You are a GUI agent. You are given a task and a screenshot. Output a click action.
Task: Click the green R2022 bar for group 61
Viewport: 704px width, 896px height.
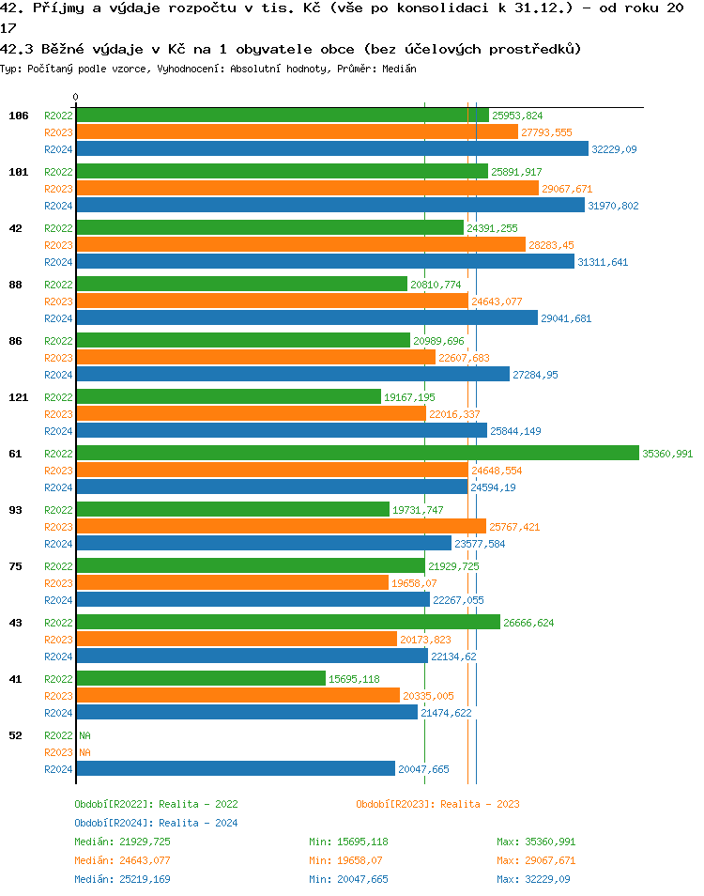[x=357, y=454]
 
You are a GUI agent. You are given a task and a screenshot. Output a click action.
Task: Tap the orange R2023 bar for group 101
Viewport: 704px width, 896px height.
[x=307, y=189]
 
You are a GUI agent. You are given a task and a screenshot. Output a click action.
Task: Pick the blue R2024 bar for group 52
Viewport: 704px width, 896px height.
[x=235, y=769]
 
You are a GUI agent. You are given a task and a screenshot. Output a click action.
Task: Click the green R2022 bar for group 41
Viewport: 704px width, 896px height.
[x=201, y=679]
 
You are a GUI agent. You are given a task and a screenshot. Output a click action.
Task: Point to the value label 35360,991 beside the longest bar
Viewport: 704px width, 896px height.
[x=667, y=454]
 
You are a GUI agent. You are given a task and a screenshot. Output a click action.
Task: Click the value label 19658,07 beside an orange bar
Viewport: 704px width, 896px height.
[x=414, y=583]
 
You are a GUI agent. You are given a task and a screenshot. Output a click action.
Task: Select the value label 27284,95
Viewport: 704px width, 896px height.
[x=536, y=375]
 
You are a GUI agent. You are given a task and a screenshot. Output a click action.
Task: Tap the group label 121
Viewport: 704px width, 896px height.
[x=19, y=397]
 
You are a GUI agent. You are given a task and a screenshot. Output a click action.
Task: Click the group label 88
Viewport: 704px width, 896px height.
[x=16, y=285]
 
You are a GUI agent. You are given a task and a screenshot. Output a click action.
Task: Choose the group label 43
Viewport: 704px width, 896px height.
[x=16, y=623]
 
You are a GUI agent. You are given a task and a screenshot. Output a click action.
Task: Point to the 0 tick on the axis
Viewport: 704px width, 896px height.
[x=76, y=97]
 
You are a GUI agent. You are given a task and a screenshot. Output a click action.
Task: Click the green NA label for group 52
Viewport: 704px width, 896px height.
[x=84, y=735]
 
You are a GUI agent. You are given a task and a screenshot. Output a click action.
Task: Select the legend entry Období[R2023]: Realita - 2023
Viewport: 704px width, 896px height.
[x=437, y=804]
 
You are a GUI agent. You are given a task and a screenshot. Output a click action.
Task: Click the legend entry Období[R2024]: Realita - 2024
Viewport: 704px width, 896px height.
[x=156, y=823]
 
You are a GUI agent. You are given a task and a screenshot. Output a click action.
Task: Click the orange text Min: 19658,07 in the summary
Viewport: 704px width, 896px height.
[x=348, y=860]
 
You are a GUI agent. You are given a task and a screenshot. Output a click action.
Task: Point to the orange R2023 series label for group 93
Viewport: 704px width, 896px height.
[x=58, y=527]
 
